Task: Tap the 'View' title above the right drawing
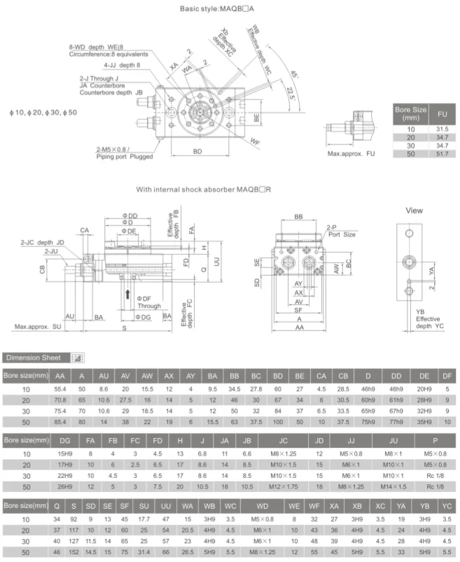point(414,210)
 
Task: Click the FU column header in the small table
point(441,114)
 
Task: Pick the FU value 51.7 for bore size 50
point(441,153)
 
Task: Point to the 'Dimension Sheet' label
point(35,357)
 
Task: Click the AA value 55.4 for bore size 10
point(60,388)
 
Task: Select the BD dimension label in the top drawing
point(197,150)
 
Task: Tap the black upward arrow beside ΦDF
point(127,294)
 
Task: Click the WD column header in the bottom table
point(263,505)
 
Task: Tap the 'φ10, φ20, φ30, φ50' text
point(43,112)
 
